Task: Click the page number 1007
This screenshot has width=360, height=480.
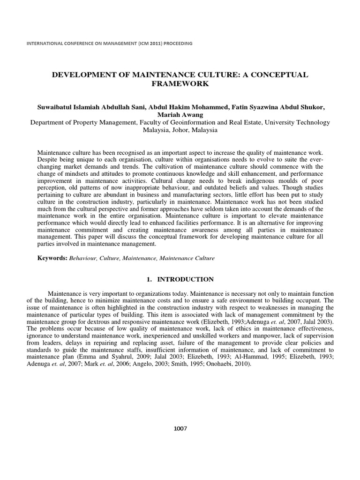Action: (180, 428)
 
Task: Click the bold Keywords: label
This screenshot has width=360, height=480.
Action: (52, 258)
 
